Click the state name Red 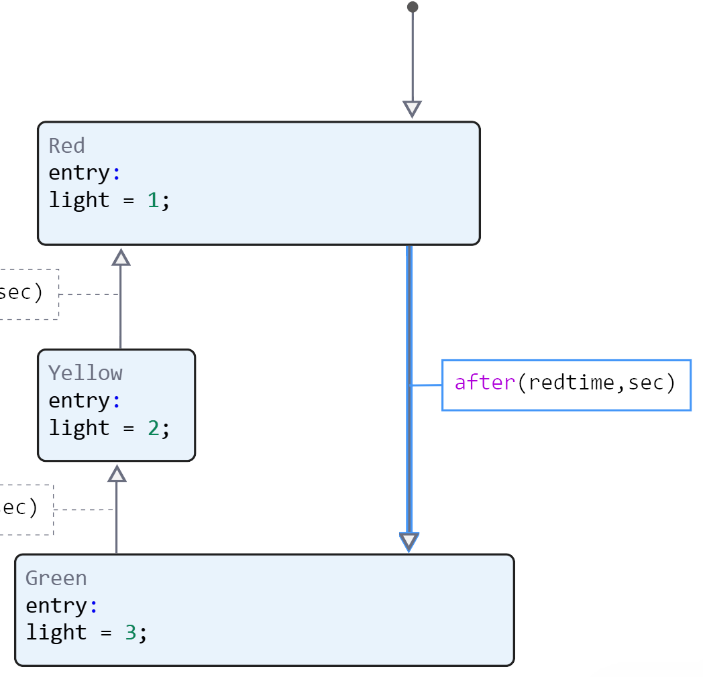click(x=66, y=146)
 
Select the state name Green click(x=56, y=578)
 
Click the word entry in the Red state click(x=79, y=173)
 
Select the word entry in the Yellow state click(x=79, y=401)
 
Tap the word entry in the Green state click(x=56, y=605)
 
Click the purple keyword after click(x=485, y=383)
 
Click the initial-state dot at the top click(x=413, y=7)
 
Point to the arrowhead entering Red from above click(x=413, y=109)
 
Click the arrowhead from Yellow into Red click(x=121, y=257)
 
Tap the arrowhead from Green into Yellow click(x=117, y=474)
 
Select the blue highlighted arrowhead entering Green click(x=409, y=542)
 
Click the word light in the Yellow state click(x=79, y=428)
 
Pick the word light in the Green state click(x=56, y=632)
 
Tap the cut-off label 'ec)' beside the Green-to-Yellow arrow click(x=19, y=508)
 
